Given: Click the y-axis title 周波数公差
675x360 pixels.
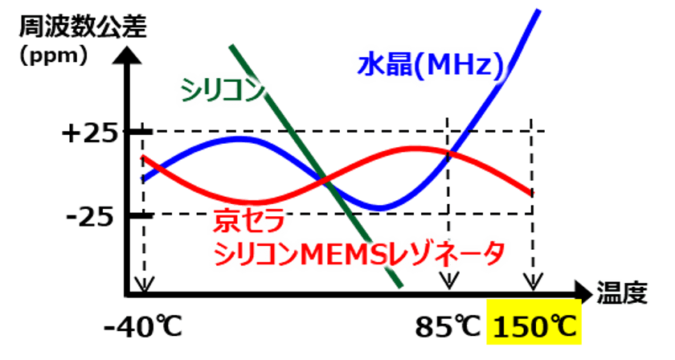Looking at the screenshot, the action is [x=83, y=27].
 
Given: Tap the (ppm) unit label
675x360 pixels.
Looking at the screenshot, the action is [x=54, y=55].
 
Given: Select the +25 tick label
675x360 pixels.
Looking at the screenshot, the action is [x=89, y=133].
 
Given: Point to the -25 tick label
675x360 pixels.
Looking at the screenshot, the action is [x=90, y=217].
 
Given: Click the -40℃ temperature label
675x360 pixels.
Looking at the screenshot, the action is [x=143, y=327].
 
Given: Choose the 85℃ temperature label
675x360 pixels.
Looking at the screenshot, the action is [x=448, y=327].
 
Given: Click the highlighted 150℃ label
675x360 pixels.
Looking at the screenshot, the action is [x=534, y=327].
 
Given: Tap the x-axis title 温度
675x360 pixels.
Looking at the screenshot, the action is [x=622, y=292].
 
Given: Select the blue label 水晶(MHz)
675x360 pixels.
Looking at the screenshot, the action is [x=431, y=66].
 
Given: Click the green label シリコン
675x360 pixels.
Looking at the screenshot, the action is [x=223, y=90].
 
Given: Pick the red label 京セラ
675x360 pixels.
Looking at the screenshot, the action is [x=250, y=220].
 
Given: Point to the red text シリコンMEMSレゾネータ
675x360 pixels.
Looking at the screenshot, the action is [x=359, y=253].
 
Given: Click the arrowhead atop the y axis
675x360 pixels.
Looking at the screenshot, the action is [x=127, y=55].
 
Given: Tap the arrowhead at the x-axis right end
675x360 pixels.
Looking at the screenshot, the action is [x=584, y=293].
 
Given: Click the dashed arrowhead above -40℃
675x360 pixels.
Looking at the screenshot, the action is [x=144, y=284].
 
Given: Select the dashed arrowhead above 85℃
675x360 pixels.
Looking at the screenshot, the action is [x=449, y=280].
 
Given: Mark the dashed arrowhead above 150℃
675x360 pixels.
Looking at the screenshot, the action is [x=533, y=280].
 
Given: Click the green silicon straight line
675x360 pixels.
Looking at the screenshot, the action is [x=317, y=166].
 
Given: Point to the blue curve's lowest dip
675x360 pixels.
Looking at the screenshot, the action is [x=379, y=208].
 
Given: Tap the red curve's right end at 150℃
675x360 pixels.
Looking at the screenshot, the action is [x=532, y=194].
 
